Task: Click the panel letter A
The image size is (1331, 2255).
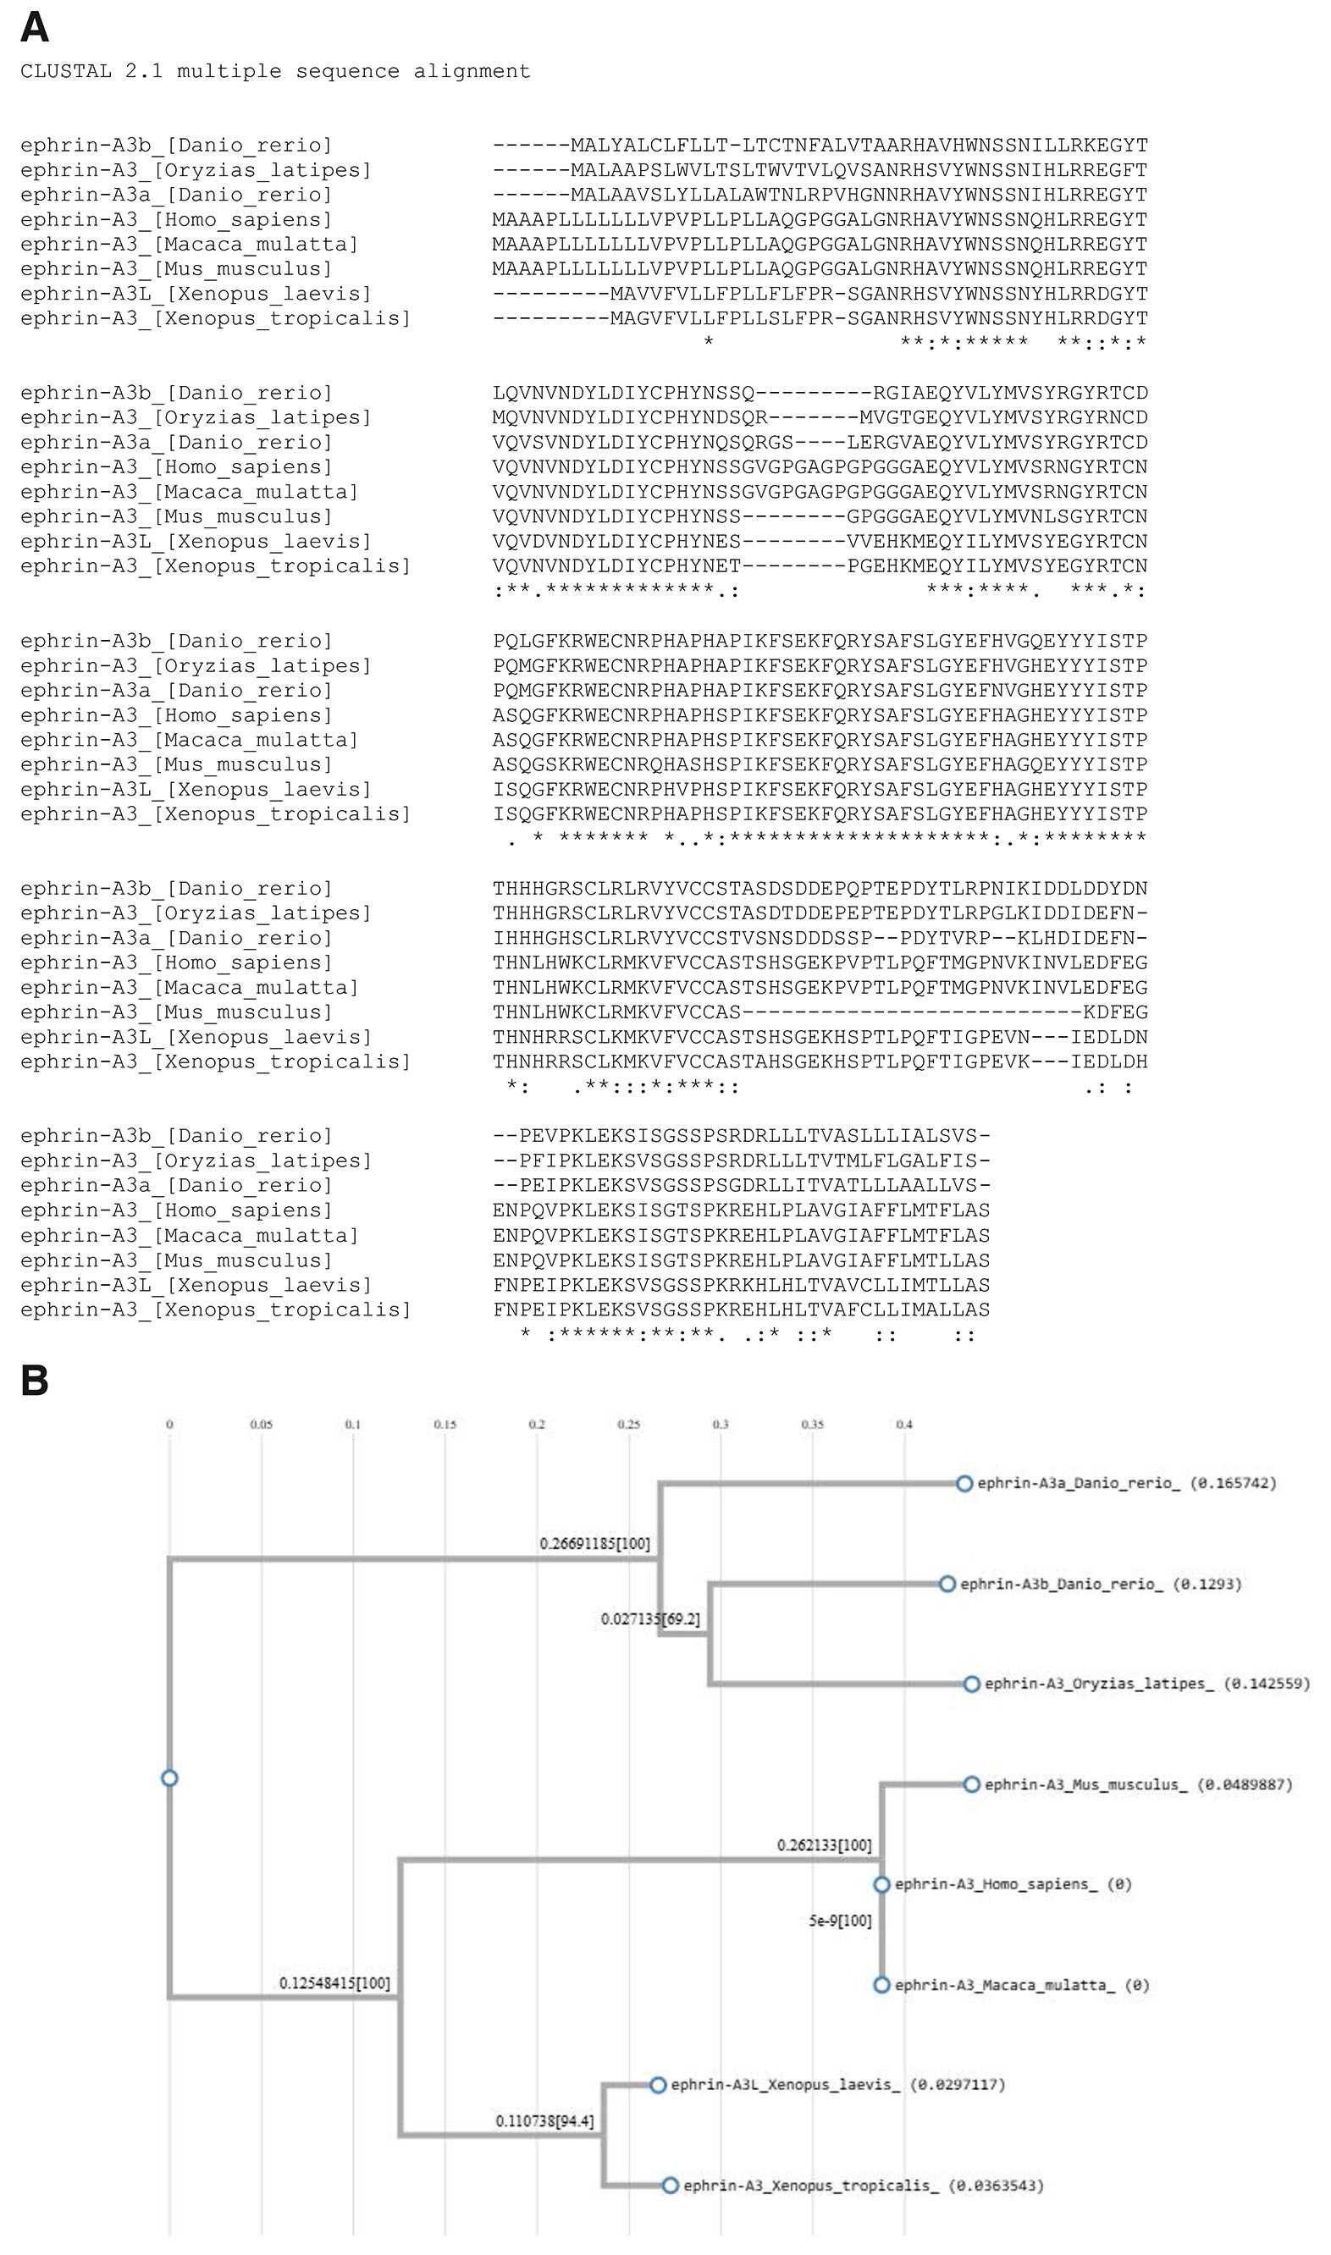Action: [x=34, y=28]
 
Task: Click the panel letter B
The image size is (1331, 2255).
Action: [x=34, y=1381]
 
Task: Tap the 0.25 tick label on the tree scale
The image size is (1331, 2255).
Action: [x=629, y=1424]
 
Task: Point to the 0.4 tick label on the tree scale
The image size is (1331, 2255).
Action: [x=903, y=1424]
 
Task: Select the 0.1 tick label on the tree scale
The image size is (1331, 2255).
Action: [x=352, y=1424]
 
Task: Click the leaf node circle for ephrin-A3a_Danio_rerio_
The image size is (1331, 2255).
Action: [x=964, y=1484]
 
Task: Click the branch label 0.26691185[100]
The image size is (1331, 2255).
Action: [x=594, y=1543]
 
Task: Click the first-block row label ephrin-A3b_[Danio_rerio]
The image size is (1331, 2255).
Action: [x=176, y=146]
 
